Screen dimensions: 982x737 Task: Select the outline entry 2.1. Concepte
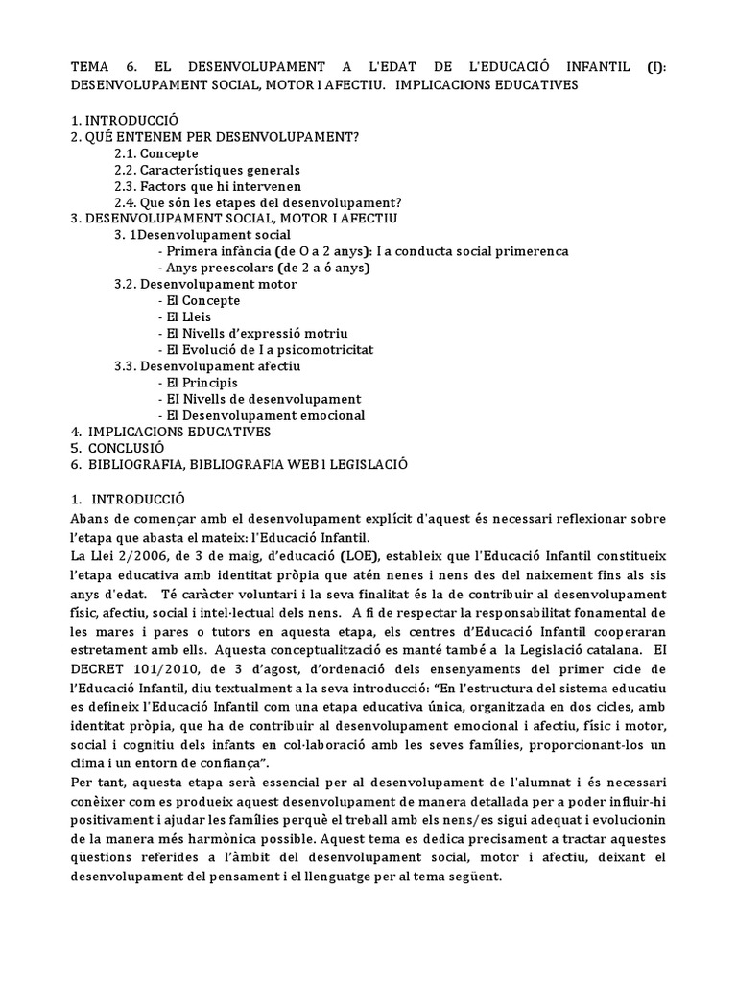156,153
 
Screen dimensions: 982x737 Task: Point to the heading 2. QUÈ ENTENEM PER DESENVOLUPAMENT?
215,137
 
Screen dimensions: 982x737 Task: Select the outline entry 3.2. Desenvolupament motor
205,284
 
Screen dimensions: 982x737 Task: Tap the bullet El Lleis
188,316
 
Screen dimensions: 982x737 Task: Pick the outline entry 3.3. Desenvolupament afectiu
207,366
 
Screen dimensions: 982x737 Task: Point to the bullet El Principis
202,383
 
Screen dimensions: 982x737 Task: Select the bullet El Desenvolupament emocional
265,415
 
